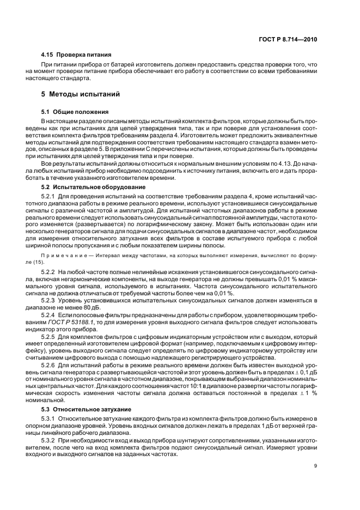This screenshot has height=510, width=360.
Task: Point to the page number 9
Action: click(x=315, y=465)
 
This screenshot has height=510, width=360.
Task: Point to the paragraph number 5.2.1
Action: click(x=50, y=195)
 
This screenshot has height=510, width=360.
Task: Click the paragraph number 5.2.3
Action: click(x=50, y=301)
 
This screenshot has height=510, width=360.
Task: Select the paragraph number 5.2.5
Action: click(x=50, y=338)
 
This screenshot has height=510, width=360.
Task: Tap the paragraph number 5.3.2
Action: click(x=50, y=439)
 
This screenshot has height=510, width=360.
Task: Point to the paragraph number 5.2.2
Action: click(x=50, y=271)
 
